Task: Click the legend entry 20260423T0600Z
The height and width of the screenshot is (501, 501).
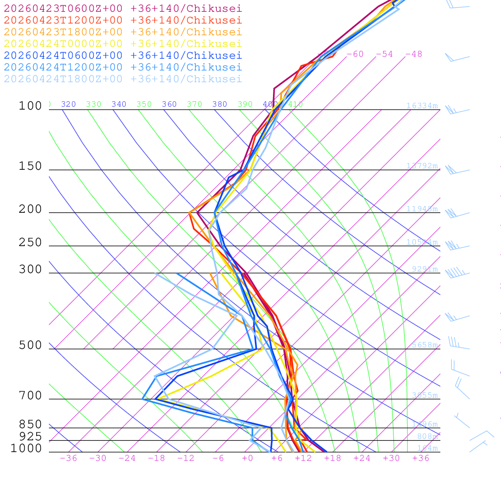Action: click(x=123, y=8)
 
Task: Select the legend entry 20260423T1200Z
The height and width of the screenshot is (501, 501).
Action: click(x=123, y=20)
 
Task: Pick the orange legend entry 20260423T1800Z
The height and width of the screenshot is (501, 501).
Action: click(x=123, y=32)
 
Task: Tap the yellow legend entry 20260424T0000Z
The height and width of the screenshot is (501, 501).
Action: click(x=123, y=44)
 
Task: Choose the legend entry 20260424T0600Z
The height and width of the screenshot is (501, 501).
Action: click(x=123, y=55)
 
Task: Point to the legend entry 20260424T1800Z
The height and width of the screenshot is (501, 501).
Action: click(x=123, y=79)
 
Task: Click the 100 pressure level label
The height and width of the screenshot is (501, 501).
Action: click(x=30, y=106)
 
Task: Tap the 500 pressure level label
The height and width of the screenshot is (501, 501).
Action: click(x=30, y=345)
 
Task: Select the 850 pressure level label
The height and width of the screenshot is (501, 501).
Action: click(x=30, y=424)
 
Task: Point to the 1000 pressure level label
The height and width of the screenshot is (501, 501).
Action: click(x=26, y=449)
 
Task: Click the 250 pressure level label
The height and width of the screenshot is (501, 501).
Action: click(x=30, y=243)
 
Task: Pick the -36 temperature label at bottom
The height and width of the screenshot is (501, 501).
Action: click(x=68, y=458)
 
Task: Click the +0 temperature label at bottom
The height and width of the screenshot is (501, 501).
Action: click(x=247, y=458)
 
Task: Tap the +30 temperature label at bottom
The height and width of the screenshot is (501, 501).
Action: click(x=391, y=458)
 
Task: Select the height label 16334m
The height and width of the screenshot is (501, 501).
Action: click(x=422, y=106)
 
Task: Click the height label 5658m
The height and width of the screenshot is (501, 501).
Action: click(x=425, y=345)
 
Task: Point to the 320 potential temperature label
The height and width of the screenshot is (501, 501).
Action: click(x=68, y=104)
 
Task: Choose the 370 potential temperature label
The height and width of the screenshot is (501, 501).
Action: click(x=194, y=104)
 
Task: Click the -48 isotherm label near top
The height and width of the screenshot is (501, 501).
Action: click(x=413, y=54)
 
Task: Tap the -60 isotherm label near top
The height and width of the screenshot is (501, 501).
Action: click(x=355, y=54)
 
